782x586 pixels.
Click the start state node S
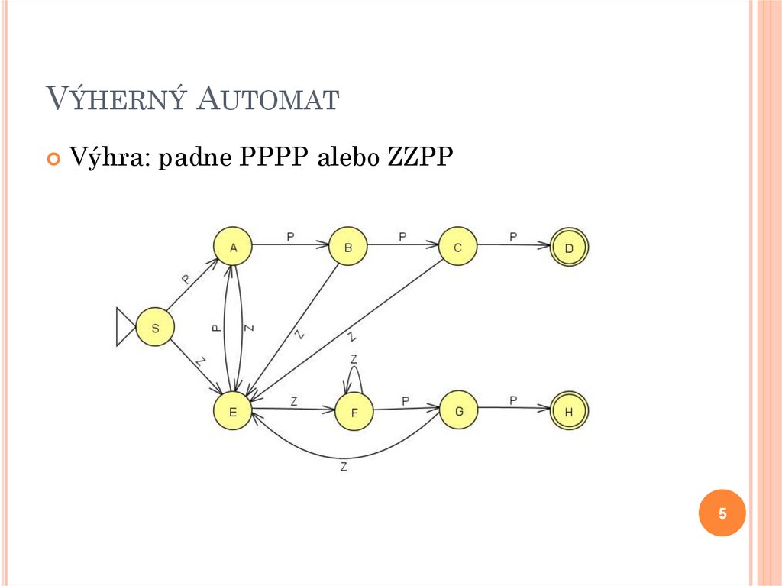point(155,328)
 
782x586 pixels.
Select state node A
point(234,247)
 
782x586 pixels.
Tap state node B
point(347,246)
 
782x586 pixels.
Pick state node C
point(457,246)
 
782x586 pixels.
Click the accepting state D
point(569,248)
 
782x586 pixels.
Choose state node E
point(234,411)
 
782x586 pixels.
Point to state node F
point(354,413)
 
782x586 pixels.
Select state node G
point(459,410)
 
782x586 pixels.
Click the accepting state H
point(569,413)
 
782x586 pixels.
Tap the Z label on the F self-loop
point(354,359)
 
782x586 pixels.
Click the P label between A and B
point(290,236)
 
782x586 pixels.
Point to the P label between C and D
point(513,236)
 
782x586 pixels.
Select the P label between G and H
point(513,400)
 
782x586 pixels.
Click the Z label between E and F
point(294,400)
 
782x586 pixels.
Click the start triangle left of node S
point(124,327)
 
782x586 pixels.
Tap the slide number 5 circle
point(722,513)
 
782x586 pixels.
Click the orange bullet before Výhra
point(53,158)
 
